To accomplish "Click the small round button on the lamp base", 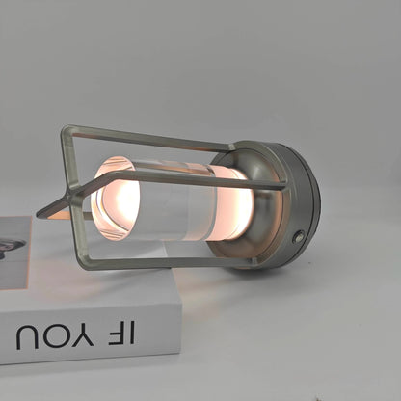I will pos(299,236).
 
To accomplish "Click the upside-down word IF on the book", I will pos(122,333).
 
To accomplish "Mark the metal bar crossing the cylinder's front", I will pos(193,178).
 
